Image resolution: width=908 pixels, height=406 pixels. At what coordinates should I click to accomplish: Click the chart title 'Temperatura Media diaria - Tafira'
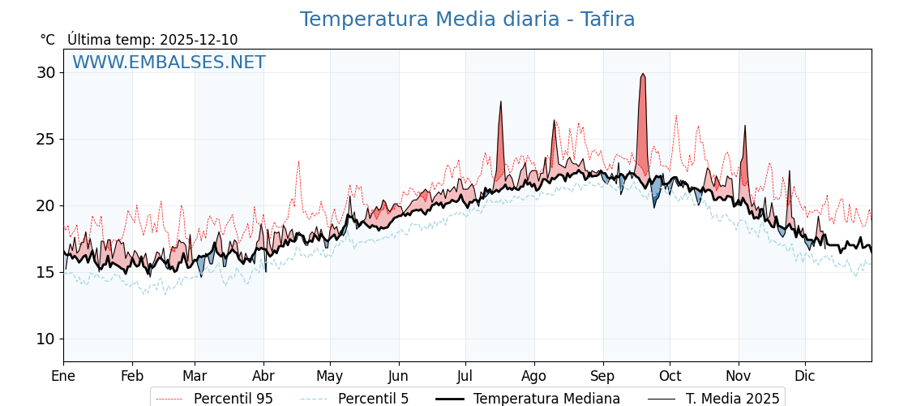click(467, 19)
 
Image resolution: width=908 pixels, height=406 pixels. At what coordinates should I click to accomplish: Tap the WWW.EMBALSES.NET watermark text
click(169, 63)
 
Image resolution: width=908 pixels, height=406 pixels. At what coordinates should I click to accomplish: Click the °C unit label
click(48, 40)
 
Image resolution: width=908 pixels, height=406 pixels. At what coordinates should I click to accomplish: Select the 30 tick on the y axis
click(45, 72)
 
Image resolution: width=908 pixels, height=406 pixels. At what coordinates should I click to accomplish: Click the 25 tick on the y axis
click(45, 139)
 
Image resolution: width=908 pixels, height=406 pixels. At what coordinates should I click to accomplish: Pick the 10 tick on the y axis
click(45, 339)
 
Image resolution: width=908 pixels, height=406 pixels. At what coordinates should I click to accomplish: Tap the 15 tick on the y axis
click(45, 272)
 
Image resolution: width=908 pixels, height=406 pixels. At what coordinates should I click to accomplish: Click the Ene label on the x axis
click(63, 376)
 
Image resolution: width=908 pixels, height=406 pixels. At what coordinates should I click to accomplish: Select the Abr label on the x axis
click(263, 376)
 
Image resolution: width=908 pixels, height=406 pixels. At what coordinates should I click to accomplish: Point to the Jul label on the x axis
click(465, 376)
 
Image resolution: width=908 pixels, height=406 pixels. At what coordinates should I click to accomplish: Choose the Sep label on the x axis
click(603, 376)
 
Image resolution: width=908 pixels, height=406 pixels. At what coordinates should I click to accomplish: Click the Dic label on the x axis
click(805, 376)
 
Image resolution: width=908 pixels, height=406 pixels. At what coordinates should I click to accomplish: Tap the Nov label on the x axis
click(739, 376)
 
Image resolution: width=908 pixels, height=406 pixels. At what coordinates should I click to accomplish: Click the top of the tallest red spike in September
click(643, 74)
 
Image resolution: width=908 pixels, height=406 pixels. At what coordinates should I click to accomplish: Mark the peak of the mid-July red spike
click(501, 101)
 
